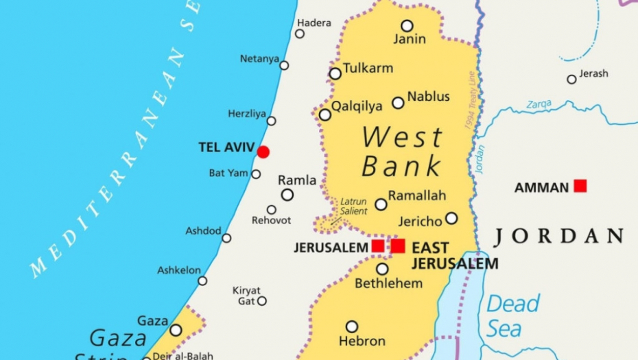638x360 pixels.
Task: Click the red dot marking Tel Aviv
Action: click(263, 152)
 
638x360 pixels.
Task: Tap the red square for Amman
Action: click(580, 185)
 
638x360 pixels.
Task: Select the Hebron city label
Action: click(362, 341)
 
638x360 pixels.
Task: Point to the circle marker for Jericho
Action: click(451, 218)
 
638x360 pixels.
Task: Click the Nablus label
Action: click(429, 97)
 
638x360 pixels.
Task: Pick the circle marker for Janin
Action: click(407, 26)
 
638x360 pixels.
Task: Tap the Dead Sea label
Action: click(513, 315)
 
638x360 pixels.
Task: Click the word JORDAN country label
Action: click(558, 237)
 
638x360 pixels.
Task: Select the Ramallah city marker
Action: click(381, 204)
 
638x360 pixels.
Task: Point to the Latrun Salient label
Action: click(355, 206)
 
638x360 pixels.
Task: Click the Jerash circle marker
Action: click(571, 80)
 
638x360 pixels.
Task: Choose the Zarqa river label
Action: click(539, 104)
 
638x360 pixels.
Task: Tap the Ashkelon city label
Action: click(179, 270)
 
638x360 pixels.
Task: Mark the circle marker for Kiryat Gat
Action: click(262, 300)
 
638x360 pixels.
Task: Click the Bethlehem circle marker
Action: click(382, 269)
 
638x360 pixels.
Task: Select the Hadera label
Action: click(314, 23)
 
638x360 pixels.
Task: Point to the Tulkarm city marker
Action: click(335, 73)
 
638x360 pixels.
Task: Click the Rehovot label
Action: click(272, 221)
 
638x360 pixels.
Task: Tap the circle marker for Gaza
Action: click(176, 330)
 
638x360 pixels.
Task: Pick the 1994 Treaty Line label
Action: click(469, 101)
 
